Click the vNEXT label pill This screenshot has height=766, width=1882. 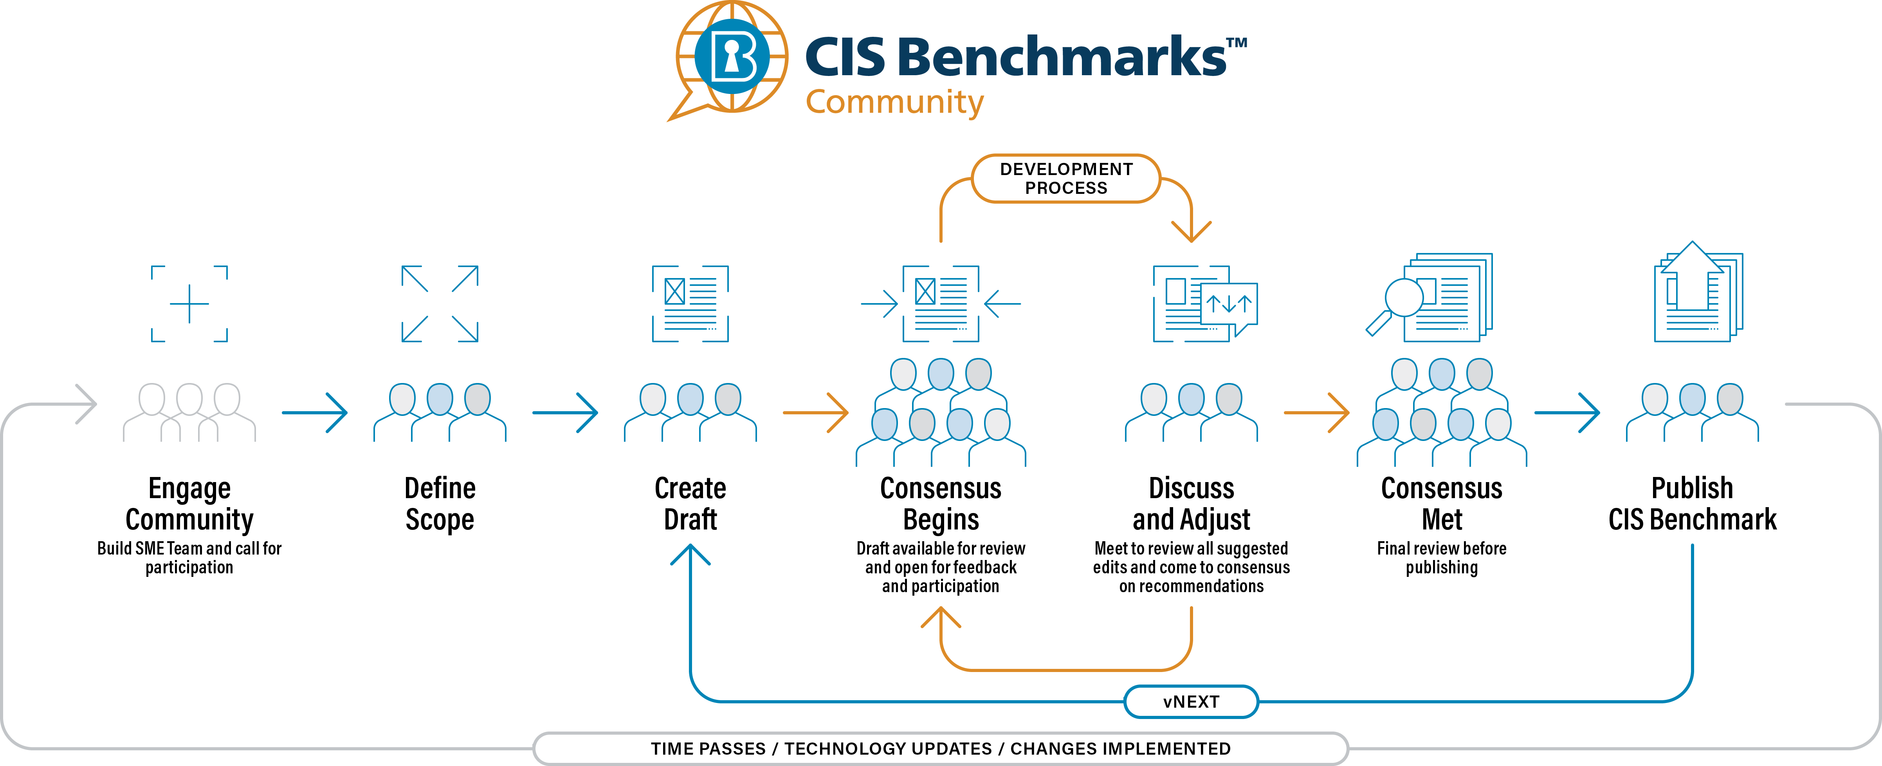(x=1191, y=702)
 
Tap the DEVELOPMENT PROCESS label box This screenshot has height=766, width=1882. (x=1066, y=178)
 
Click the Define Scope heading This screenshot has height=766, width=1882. (x=440, y=504)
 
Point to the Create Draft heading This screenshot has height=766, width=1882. (x=690, y=504)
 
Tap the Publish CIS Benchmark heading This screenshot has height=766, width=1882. (x=1692, y=504)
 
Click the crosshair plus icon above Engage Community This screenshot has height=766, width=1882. (x=189, y=304)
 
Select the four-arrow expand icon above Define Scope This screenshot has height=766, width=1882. (x=440, y=304)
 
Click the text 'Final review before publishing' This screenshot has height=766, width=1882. (x=1442, y=558)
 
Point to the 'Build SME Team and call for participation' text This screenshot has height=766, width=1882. (x=189, y=558)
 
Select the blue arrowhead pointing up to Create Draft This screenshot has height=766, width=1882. (x=690, y=555)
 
